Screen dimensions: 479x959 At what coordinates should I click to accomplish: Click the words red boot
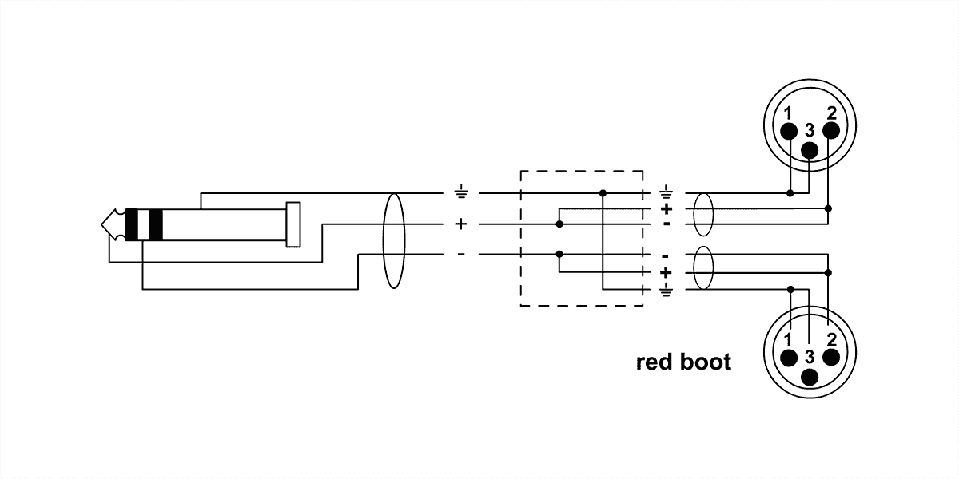point(682,362)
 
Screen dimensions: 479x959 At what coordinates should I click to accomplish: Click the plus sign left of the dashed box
point(460,224)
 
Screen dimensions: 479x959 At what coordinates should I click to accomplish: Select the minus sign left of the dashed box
point(460,255)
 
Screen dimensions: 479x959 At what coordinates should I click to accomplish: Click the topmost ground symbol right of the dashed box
point(666,192)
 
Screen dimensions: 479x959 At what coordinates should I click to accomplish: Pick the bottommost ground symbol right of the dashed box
point(666,288)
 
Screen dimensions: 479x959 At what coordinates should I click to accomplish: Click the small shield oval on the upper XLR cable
point(702,214)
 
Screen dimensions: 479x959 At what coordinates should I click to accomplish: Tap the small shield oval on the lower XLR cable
point(702,268)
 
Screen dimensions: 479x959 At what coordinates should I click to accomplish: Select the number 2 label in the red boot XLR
point(832,339)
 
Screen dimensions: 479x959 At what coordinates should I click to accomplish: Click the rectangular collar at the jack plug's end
point(293,224)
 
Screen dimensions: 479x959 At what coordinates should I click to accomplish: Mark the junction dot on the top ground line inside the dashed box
point(603,192)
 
